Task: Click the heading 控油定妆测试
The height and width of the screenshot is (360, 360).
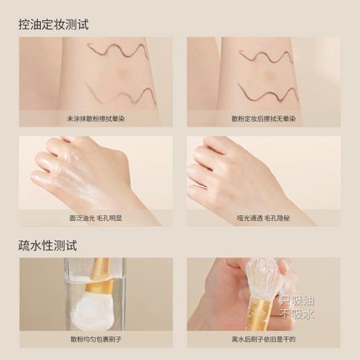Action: tap(53, 25)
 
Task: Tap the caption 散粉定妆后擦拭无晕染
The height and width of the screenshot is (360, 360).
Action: tap(263, 118)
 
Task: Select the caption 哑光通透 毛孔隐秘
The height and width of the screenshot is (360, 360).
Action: tap(263, 217)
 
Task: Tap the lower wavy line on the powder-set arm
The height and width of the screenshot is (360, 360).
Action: tap(267, 91)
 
